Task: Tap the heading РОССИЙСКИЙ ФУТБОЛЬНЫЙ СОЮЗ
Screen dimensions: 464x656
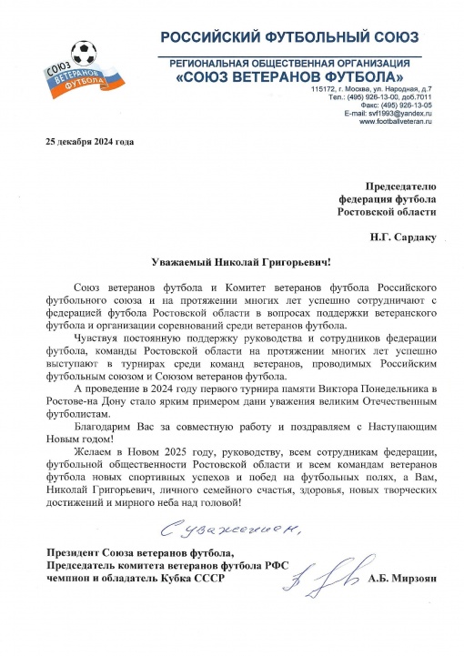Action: pos(290,37)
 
